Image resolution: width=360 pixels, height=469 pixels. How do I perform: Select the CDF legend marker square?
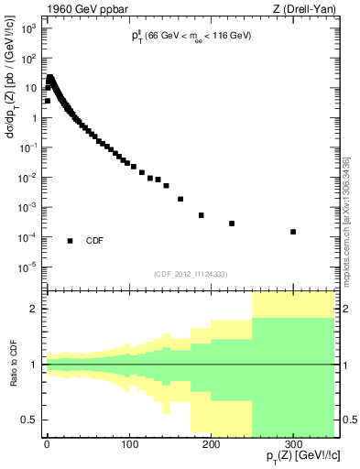pos(71,241)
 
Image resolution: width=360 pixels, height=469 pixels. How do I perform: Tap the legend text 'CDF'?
pos(94,241)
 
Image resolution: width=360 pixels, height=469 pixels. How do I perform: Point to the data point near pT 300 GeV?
pos(293,232)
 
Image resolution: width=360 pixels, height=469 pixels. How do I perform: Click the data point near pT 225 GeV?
pos(232,224)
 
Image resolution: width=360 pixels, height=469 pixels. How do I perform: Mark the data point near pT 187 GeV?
pos(201,215)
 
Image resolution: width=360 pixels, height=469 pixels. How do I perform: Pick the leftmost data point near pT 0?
pos(47,101)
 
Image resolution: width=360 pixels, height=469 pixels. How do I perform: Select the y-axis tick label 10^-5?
pos(28,267)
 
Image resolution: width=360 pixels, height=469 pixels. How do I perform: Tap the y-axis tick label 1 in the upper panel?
pos(34,118)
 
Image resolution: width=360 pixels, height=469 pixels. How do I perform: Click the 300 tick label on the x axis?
pos(292,444)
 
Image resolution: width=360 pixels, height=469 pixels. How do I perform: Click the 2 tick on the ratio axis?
pos(34,310)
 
